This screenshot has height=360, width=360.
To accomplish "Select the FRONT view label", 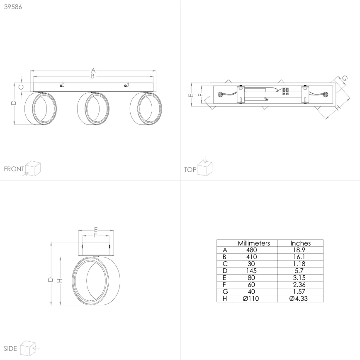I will coord(14,169).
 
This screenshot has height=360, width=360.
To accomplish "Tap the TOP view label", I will coord(190,169).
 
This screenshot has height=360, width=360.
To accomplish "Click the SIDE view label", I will coord(10,348).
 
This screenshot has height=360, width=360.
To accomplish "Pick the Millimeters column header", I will coord(253,243).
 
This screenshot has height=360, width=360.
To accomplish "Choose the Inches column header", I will coord(300,243).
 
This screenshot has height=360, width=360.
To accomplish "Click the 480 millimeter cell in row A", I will coord(252,250).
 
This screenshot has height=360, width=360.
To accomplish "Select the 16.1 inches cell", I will coord(300,257).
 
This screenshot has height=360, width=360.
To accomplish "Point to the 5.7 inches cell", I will coord(300,271).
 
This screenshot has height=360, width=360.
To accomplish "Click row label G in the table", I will coord(225,292).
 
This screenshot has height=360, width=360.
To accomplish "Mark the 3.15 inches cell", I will coord(300,278).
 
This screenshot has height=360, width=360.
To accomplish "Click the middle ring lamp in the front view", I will coord(93,108).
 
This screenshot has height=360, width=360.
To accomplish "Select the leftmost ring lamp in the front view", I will coord(40,108).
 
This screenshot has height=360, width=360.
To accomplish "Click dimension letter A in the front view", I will coord(93,70).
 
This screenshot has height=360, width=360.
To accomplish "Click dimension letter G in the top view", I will coord(344,78).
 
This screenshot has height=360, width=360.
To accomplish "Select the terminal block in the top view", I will coord(285,92).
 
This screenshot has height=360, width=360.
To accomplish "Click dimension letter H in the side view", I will coord(60,281).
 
